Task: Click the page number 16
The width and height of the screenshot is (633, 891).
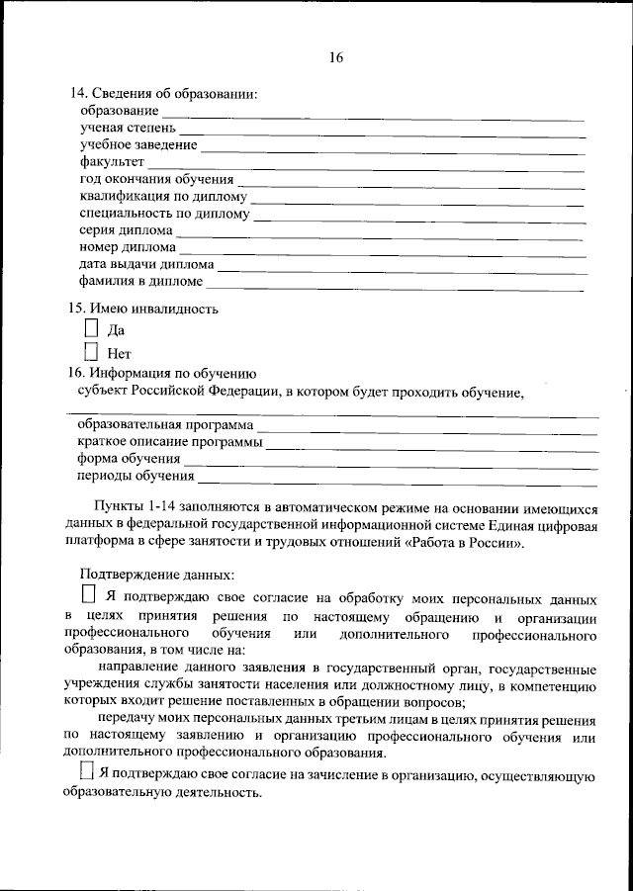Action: point(335,58)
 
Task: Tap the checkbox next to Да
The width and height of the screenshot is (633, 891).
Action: point(91,328)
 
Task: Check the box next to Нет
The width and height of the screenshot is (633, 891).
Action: point(91,351)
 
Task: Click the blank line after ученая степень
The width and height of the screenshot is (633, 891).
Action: point(382,130)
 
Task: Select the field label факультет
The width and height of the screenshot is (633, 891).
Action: point(112,161)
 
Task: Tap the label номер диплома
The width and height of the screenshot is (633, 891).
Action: point(128,247)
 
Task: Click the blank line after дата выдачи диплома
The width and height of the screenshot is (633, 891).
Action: point(400,267)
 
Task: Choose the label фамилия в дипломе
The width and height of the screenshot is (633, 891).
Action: point(147,282)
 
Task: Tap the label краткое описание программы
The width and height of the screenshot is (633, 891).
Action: point(169,442)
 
